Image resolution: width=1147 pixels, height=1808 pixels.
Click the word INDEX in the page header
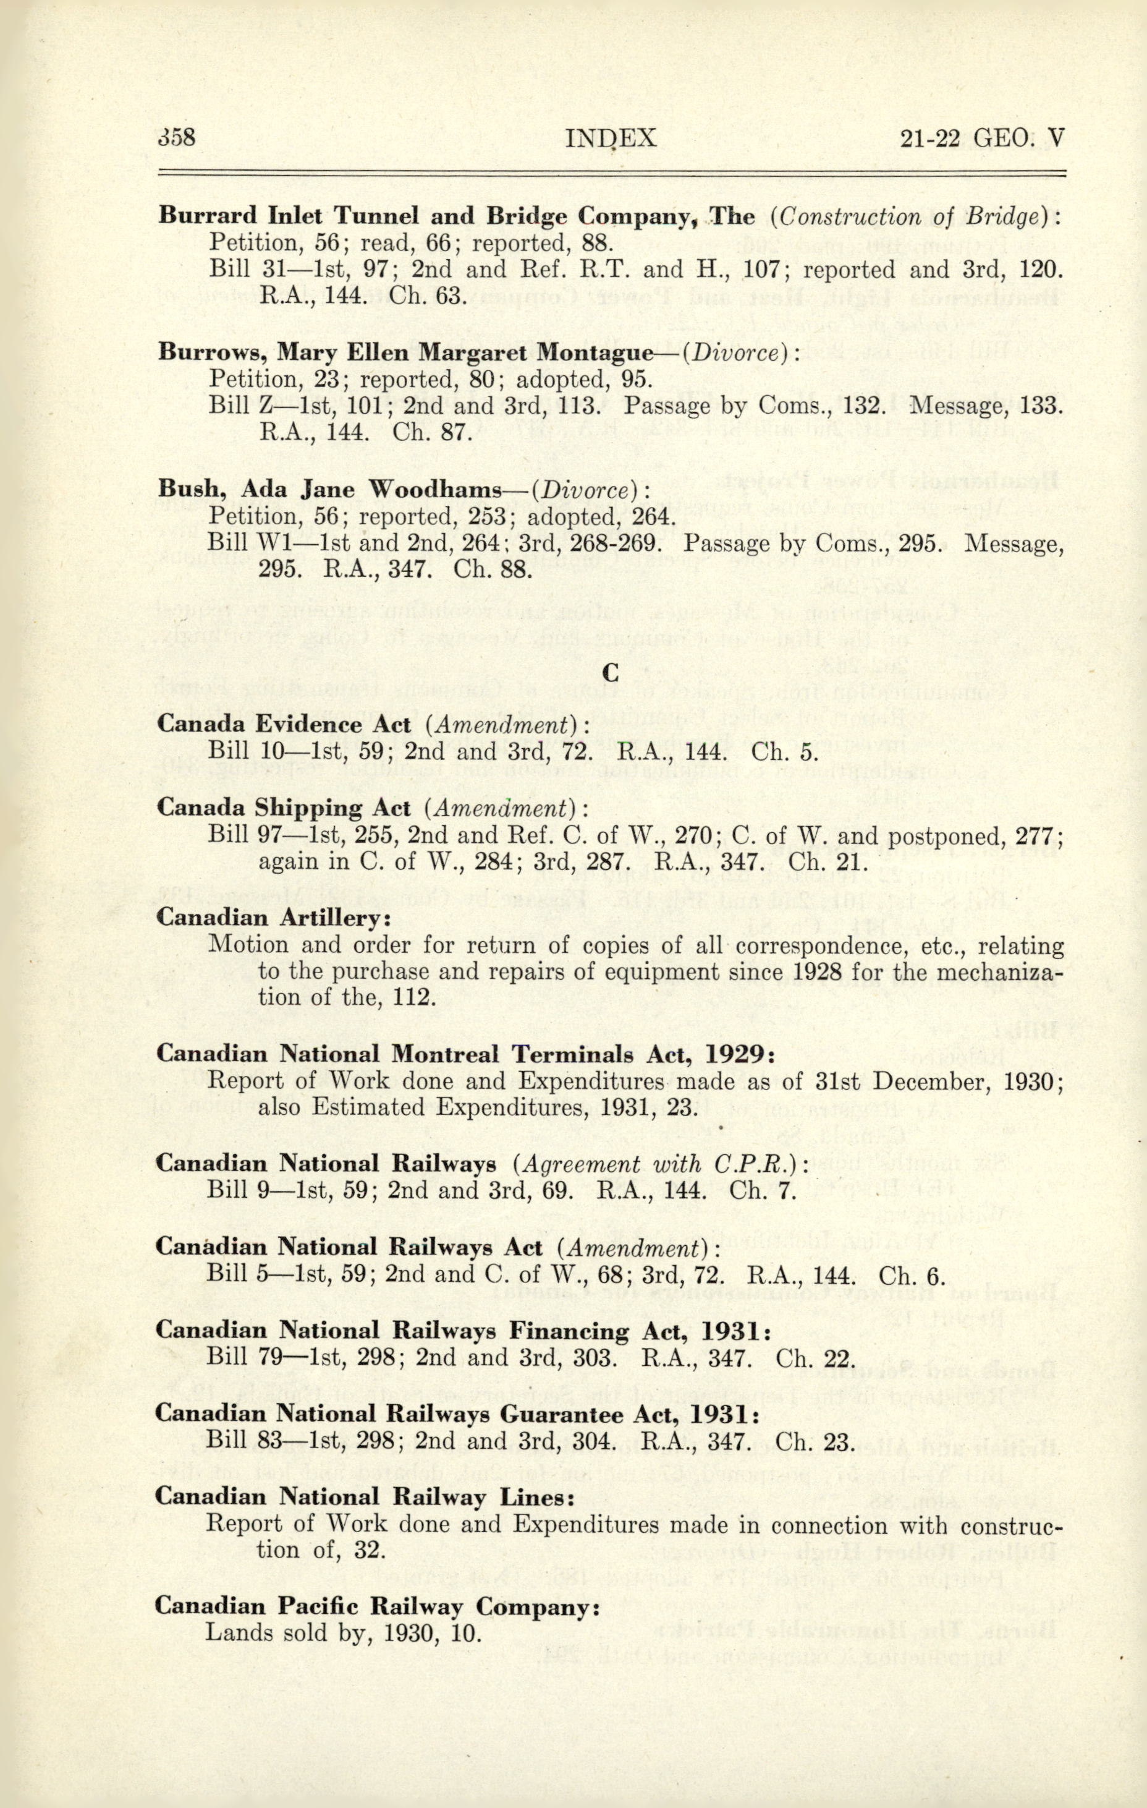(611, 138)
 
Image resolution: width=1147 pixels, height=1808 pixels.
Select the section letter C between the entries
(611, 673)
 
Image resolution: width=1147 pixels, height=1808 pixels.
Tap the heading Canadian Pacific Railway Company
(377, 1608)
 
